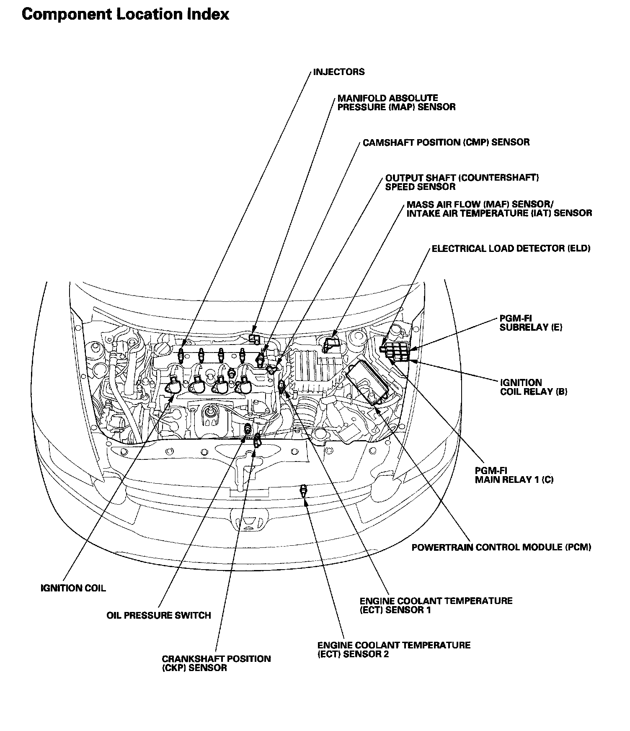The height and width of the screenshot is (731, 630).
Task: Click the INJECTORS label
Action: coord(339,72)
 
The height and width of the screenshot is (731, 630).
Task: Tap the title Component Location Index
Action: coord(125,14)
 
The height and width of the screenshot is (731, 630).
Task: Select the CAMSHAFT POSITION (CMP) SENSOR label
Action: coord(446,143)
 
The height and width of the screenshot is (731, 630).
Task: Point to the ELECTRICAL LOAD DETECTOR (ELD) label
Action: coord(511,249)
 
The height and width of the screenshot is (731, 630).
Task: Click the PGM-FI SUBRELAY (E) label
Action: coord(531,322)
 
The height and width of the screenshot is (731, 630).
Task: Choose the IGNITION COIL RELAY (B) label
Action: coord(534,387)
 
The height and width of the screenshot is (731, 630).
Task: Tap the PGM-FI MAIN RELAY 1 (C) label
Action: coord(514,475)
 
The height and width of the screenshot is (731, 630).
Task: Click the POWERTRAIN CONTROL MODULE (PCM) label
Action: coord(501,547)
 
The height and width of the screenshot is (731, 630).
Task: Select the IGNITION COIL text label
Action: coord(73,588)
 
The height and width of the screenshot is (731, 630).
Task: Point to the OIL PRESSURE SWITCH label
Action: coord(159,615)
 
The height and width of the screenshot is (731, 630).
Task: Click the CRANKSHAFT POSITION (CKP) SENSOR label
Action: coord(216,663)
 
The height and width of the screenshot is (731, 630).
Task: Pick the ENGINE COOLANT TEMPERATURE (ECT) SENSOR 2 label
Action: coord(394,649)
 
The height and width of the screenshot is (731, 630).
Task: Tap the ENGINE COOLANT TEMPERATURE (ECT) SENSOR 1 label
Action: coord(436,605)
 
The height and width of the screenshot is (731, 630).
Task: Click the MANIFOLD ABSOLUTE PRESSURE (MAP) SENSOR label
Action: coord(396,102)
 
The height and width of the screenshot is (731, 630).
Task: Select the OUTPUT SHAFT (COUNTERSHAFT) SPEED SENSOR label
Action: coord(462,182)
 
